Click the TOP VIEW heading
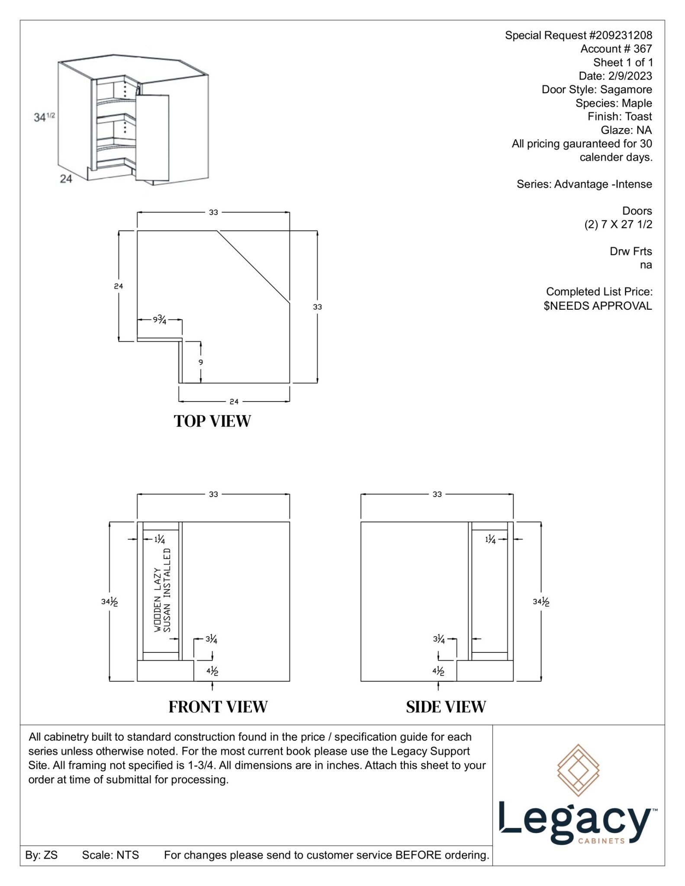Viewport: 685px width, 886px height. (x=212, y=421)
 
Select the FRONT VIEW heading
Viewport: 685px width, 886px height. (x=218, y=707)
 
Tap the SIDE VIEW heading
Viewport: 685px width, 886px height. (x=446, y=707)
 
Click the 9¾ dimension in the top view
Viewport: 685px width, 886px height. (x=159, y=320)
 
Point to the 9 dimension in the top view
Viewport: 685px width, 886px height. (x=200, y=362)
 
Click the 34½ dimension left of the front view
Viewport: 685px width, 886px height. (x=109, y=601)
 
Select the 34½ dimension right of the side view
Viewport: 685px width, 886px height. (x=541, y=601)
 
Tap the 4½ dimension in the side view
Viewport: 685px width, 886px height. (x=438, y=671)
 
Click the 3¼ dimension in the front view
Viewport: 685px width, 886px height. (x=211, y=639)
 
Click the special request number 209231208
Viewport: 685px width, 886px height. (x=620, y=35)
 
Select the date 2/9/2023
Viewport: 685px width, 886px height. (x=630, y=76)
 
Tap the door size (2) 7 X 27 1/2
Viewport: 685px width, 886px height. (x=618, y=225)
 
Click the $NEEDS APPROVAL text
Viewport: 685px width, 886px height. (x=598, y=306)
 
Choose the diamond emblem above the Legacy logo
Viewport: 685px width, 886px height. (x=578, y=770)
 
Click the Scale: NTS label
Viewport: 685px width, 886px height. (x=110, y=855)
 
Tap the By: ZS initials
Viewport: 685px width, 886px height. (x=41, y=855)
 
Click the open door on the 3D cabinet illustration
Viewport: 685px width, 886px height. (x=152, y=137)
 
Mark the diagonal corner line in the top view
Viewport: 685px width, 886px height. (x=253, y=266)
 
